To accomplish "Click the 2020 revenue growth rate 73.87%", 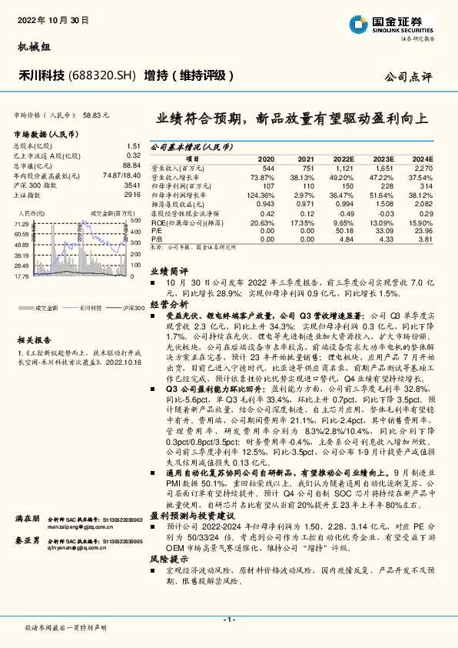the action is click(x=262, y=177).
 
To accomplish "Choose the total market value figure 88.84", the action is click(x=131, y=165).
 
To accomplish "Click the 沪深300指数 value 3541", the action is click(x=131, y=185).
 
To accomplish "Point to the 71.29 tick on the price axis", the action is click(x=22, y=223).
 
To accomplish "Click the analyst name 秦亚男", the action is click(x=26, y=562).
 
